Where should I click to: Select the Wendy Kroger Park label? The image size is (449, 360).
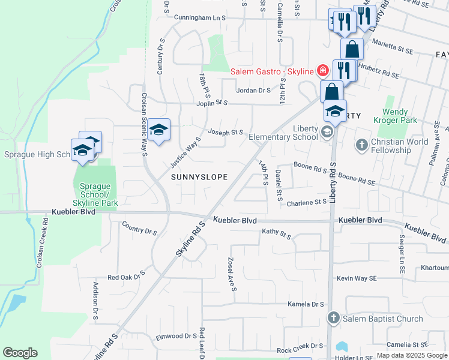(x=403, y=116)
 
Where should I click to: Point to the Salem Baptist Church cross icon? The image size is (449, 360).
(x=333, y=317)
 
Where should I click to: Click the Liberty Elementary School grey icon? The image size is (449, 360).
(x=327, y=132)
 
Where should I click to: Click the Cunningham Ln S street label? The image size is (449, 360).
(x=199, y=18)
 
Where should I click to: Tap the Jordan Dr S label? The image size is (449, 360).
(x=254, y=91)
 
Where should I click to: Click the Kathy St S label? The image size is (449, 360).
(x=276, y=233)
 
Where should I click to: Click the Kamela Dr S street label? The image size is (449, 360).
(x=306, y=304)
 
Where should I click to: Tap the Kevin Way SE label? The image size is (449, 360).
(x=357, y=278)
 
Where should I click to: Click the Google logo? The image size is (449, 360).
(x=20, y=353)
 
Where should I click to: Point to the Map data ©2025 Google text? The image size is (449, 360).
(x=411, y=355)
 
